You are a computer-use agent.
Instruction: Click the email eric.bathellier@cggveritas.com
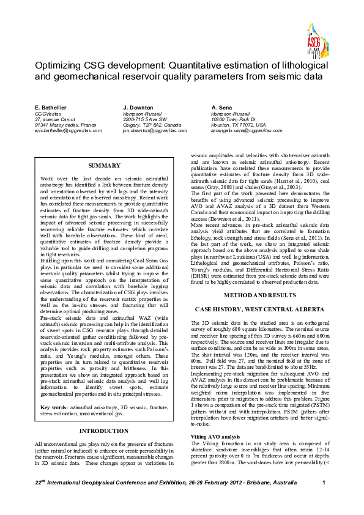tap(69, 130)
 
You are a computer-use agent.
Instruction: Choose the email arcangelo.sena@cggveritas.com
tap(247, 130)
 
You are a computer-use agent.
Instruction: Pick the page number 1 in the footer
tap(323, 500)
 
